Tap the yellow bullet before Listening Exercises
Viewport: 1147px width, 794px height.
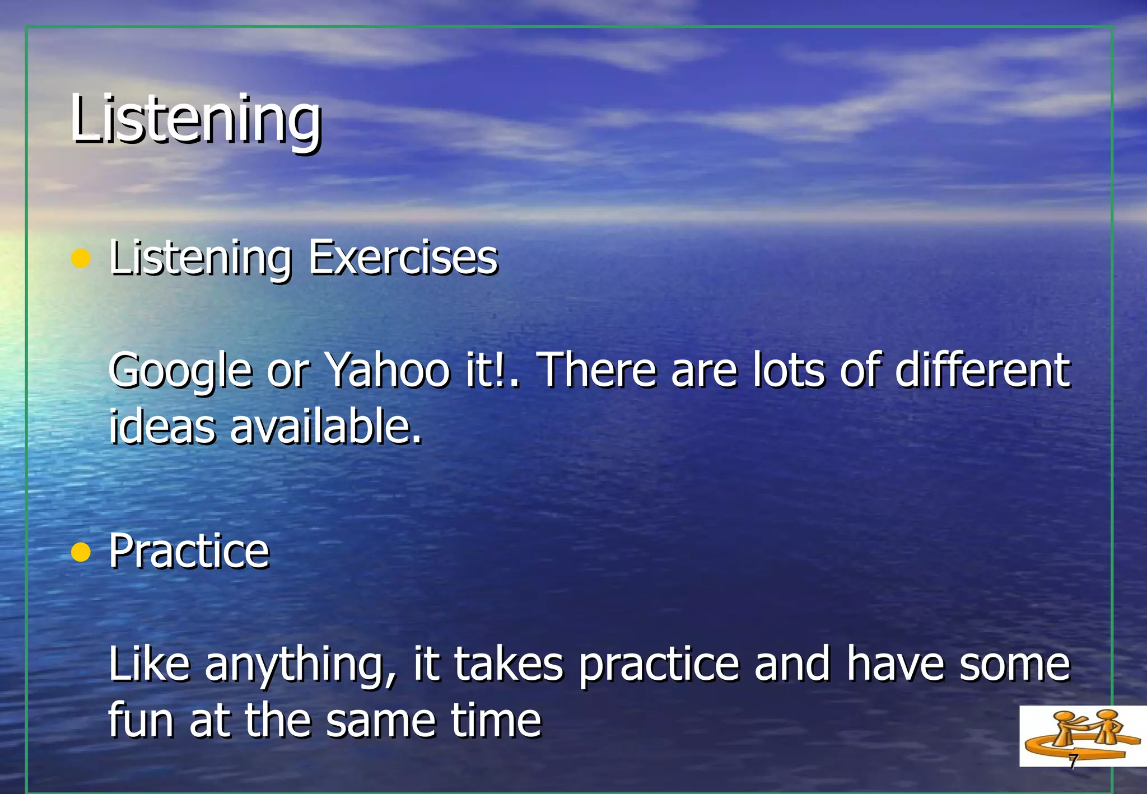coord(81,259)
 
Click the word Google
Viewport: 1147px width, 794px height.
coord(180,371)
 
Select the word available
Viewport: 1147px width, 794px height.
coord(325,426)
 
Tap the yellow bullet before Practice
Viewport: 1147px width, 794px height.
coord(81,552)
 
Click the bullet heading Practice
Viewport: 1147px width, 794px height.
coord(189,551)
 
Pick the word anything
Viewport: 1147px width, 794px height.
coord(301,665)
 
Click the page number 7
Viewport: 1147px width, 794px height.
coord(1073,762)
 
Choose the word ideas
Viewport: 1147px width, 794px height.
coord(162,426)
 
